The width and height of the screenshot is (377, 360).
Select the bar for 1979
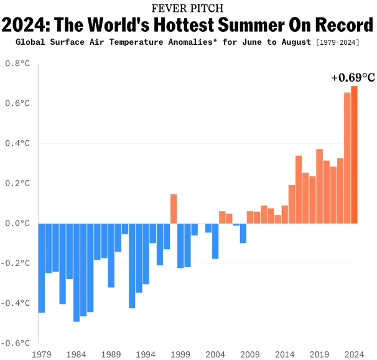pyautogui.click(x=42, y=268)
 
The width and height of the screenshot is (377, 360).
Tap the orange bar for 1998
pyautogui.click(x=174, y=209)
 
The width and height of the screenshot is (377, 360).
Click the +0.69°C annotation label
pyautogui.click(x=353, y=78)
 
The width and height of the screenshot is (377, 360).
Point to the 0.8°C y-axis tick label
pyautogui.click(x=17, y=64)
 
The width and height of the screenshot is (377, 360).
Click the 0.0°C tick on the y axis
pyautogui.click(x=17, y=223)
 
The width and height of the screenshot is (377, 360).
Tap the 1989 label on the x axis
pyautogui.click(x=111, y=353)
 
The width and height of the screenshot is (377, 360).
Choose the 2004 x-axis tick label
pyautogui.click(x=215, y=353)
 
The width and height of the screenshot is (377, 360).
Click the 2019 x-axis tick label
pyautogui.click(x=319, y=353)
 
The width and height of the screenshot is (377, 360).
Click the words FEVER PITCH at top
pyautogui.click(x=188, y=8)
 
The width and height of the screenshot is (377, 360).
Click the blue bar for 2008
pyautogui.click(x=243, y=233)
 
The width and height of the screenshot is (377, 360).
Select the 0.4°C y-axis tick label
pyautogui.click(x=17, y=143)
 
